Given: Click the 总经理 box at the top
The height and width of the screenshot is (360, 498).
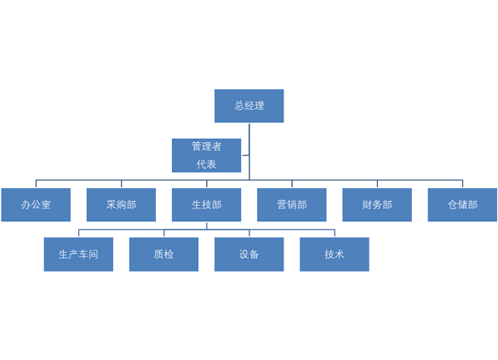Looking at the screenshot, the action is tap(249, 106).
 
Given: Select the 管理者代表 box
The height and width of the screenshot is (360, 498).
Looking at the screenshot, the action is tap(207, 155).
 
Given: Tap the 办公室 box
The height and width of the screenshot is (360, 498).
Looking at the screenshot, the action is tap(36, 205).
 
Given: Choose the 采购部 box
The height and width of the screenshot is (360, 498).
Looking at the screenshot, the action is tap(122, 205).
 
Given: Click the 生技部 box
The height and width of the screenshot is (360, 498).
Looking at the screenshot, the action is tap(207, 205).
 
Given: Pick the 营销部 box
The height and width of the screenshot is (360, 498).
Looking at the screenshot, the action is tap(292, 205).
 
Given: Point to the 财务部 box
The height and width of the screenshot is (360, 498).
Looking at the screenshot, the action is tap(377, 205).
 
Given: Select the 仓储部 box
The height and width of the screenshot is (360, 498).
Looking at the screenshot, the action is tap(462, 205).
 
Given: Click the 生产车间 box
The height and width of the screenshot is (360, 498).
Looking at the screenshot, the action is tap(78, 254).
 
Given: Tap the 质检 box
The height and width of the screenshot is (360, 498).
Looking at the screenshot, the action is tap(164, 254).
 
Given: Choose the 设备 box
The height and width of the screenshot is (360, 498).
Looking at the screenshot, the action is tap(249, 254).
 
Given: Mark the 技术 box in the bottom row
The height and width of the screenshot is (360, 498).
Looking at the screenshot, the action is tap(335, 254).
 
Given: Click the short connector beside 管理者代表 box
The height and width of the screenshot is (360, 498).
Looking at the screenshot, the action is tap(245, 155).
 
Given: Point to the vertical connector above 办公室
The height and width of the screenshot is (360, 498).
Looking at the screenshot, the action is tap(36, 184).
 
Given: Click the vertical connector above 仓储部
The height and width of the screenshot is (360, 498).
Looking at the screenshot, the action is tap(462, 184).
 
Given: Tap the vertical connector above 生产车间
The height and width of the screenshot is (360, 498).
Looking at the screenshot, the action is tap(78, 233).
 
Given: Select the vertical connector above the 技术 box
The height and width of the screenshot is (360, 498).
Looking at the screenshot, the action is tap(335, 233).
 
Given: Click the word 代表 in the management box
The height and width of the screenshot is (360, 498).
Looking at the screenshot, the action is tap(206, 164).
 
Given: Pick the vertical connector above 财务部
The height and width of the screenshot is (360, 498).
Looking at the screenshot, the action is tap(377, 184).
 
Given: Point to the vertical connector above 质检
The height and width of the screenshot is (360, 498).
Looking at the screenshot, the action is tap(164, 233).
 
